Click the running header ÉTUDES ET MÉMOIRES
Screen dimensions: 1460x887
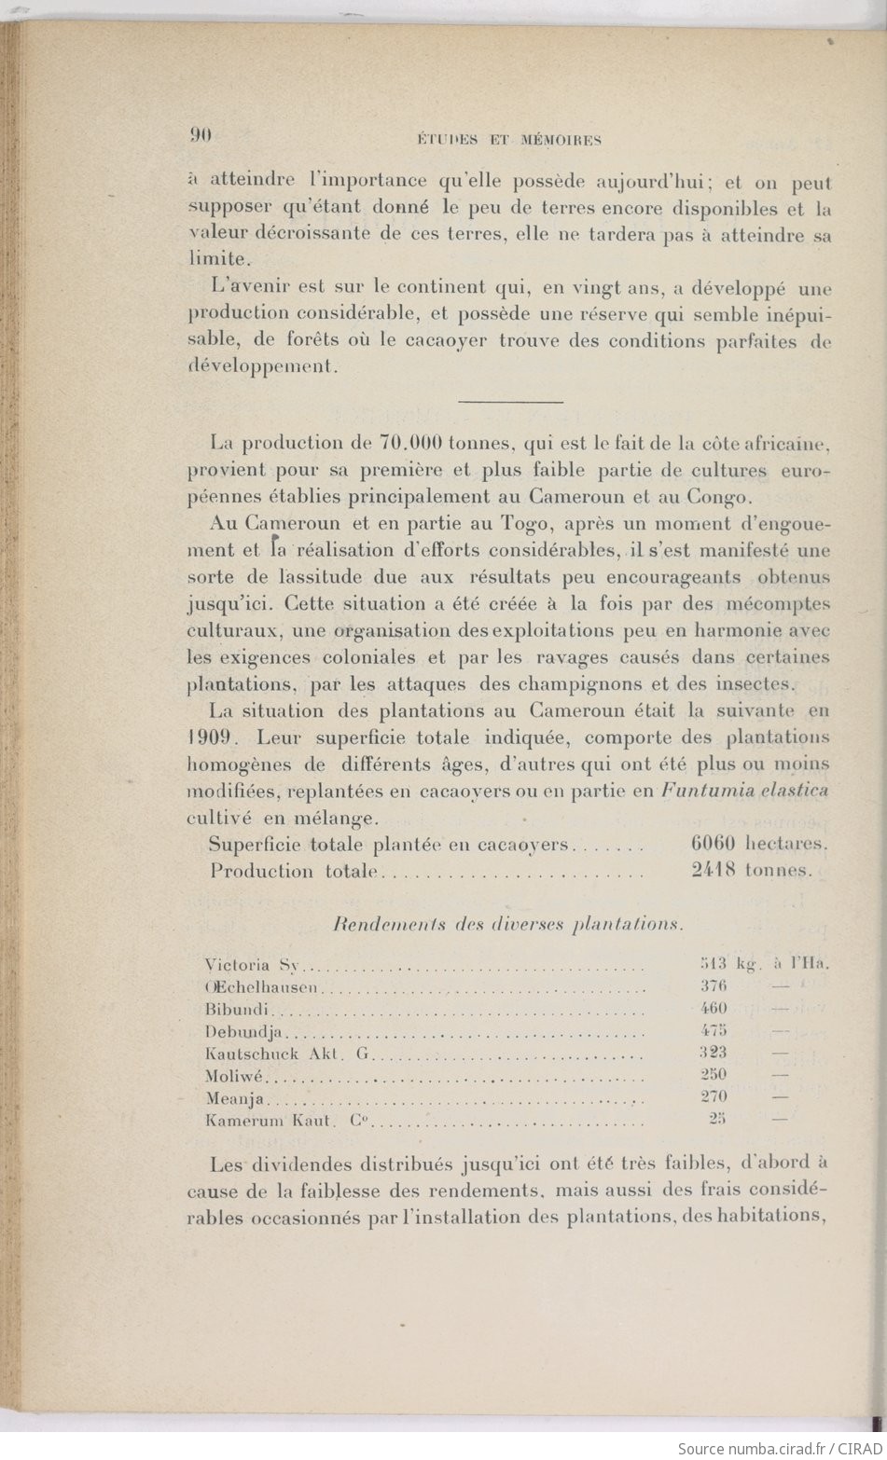(508, 141)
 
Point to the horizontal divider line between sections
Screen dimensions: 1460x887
(511, 402)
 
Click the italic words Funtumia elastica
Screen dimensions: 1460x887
(744, 791)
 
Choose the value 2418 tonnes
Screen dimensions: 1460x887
(752, 871)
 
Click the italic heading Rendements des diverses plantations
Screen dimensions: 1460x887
(508, 925)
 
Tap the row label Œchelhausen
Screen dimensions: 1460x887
(262, 987)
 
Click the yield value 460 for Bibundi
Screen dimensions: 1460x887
(714, 1009)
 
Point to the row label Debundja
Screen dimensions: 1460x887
(243, 1031)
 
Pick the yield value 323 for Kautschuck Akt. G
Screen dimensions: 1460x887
(714, 1053)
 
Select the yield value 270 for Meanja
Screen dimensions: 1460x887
(714, 1097)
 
